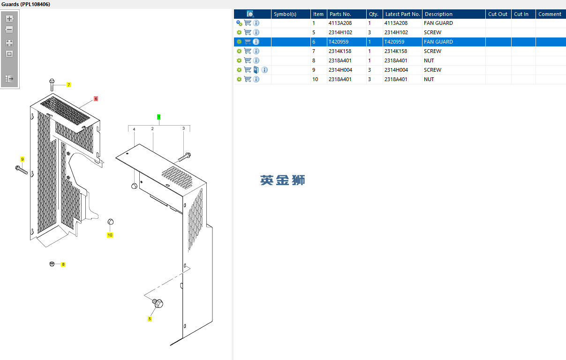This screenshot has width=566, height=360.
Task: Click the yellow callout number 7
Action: point(68,85)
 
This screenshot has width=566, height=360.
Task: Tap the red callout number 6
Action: point(96,99)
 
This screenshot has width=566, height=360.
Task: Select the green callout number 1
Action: point(158,117)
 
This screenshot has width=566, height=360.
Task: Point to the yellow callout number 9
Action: point(22,159)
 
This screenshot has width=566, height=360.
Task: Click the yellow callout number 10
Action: point(110,235)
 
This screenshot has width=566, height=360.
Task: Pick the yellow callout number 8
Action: point(63,264)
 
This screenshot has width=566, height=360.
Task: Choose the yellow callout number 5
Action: point(150,319)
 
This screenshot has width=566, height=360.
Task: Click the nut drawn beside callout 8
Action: point(52,264)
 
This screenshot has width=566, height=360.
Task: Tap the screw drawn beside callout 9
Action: point(22,170)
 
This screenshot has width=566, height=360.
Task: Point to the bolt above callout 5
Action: point(158,303)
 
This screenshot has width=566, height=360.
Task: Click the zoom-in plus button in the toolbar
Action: point(9,19)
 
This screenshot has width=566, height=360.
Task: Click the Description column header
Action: point(438,14)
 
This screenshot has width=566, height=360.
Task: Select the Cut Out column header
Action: point(498,14)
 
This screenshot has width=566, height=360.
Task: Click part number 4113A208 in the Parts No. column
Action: point(340,23)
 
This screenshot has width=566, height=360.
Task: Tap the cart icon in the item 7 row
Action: point(248,51)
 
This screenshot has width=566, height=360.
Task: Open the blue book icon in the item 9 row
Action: point(256,70)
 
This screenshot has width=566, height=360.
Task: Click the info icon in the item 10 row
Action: point(256,79)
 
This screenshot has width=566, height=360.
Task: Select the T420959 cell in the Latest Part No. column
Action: point(394,42)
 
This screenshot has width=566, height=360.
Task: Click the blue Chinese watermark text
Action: point(282,180)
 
